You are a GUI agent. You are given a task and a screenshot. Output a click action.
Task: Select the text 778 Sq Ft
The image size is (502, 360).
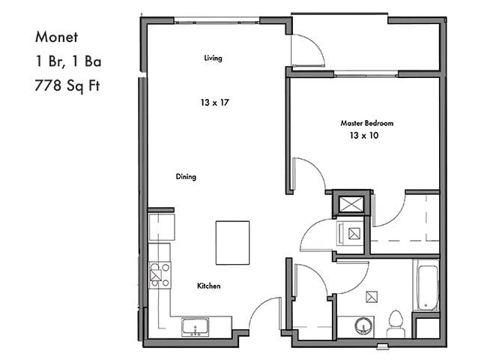(x=67, y=84)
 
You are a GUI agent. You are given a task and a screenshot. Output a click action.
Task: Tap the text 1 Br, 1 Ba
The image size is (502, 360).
(x=65, y=60)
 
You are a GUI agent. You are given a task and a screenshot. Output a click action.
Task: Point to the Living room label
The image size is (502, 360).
(x=213, y=58)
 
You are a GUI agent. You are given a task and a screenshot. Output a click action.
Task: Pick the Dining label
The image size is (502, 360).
(x=186, y=177)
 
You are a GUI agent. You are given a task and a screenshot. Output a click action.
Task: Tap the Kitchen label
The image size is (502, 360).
(x=208, y=286)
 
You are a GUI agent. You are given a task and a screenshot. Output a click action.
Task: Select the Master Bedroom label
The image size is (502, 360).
(x=366, y=123)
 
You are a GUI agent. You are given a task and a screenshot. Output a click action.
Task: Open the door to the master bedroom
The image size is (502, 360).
(x=306, y=174)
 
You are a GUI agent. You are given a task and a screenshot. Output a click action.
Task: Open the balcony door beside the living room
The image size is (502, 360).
(x=307, y=51)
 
